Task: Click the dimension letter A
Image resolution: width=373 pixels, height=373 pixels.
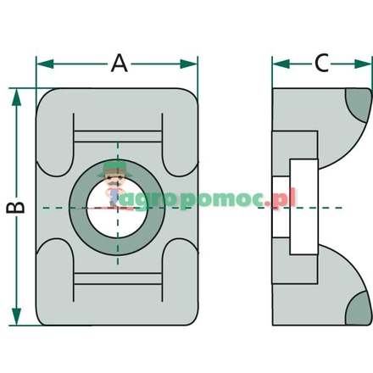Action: pyautogui.click(x=120, y=63)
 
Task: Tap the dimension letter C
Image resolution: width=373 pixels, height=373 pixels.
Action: pyautogui.click(x=321, y=63)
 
